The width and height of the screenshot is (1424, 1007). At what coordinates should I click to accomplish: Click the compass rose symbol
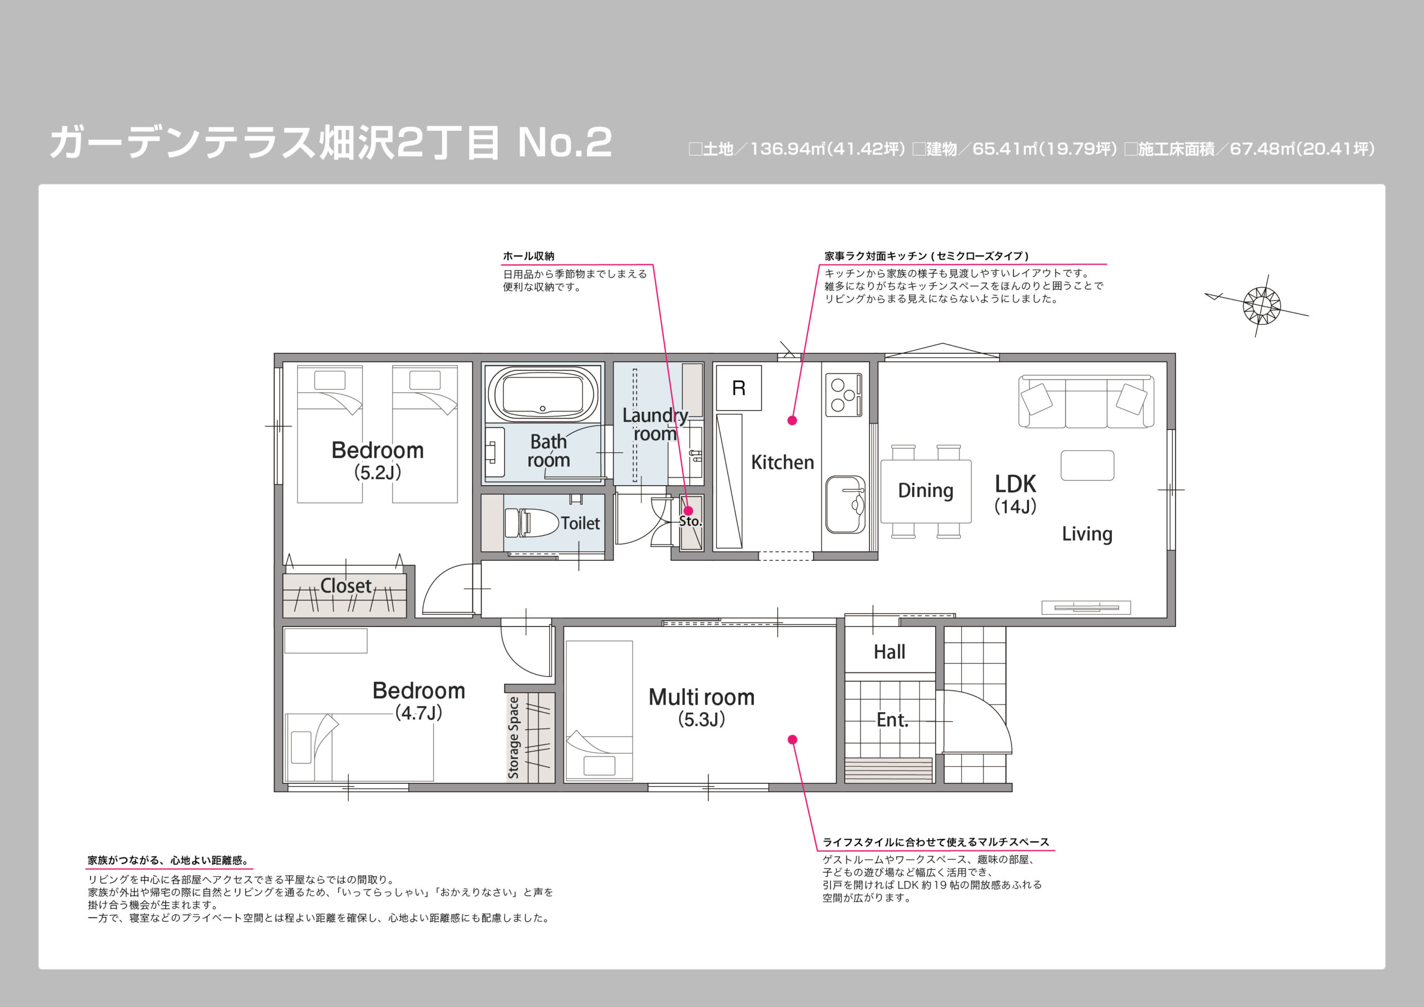(1262, 305)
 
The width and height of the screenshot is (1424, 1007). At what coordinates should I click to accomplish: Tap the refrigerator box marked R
(739, 388)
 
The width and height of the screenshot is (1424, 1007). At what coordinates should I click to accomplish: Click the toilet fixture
(532, 522)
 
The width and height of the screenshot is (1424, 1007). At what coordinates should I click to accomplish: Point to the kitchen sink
(845, 505)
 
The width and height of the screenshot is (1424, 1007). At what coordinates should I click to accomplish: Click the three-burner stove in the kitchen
(843, 394)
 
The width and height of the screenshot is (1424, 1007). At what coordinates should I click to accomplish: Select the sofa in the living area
(1086, 402)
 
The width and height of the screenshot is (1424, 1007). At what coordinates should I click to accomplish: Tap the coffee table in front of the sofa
(1087, 465)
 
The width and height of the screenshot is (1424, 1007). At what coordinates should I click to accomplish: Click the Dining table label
(926, 491)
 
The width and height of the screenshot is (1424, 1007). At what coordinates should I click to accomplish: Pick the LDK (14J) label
(1015, 495)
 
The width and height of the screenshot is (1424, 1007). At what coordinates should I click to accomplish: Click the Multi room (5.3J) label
(701, 707)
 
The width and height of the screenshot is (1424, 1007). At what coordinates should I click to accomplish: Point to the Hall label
(889, 652)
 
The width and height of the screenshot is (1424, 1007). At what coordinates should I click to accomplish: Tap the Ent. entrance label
(892, 720)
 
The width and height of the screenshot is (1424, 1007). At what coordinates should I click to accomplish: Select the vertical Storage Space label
(513, 737)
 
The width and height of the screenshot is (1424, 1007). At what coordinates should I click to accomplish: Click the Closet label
(346, 586)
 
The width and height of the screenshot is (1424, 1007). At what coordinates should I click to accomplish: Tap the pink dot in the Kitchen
(792, 421)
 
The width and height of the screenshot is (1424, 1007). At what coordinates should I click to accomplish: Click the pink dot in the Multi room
(792, 739)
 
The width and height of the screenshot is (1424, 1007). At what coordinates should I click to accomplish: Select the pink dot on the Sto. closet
(688, 511)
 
